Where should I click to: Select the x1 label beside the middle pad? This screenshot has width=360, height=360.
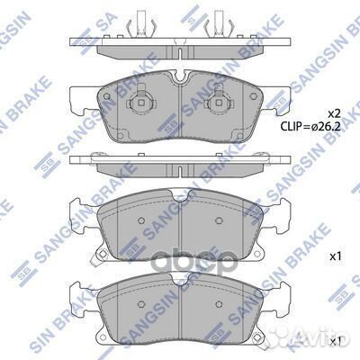point(335,256)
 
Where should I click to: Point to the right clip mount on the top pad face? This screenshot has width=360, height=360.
point(217,105)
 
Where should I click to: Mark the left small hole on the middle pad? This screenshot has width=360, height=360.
point(140,221)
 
